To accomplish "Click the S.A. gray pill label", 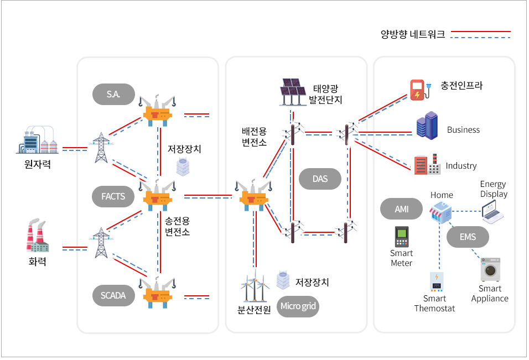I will pyautogui.click(x=113, y=95).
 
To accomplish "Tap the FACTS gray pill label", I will pyautogui.click(x=113, y=196).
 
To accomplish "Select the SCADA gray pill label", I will pyautogui.click(x=113, y=295).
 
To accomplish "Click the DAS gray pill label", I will pyautogui.click(x=320, y=179).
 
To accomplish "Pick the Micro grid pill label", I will pyautogui.click(x=298, y=306).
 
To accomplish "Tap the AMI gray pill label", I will pyautogui.click(x=401, y=209).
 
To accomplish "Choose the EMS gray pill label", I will pyautogui.click(x=468, y=237).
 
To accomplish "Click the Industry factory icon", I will pyautogui.click(x=426, y=164).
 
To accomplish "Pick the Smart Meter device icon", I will pyautogui.click(x=401, y=237).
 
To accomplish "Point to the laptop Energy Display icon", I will pyautogui.click(x=492, y=212).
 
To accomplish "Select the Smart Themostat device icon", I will pyautogui.click(x=437, y=281).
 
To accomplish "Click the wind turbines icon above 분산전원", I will pyautogui.click(x=254, y=286).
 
